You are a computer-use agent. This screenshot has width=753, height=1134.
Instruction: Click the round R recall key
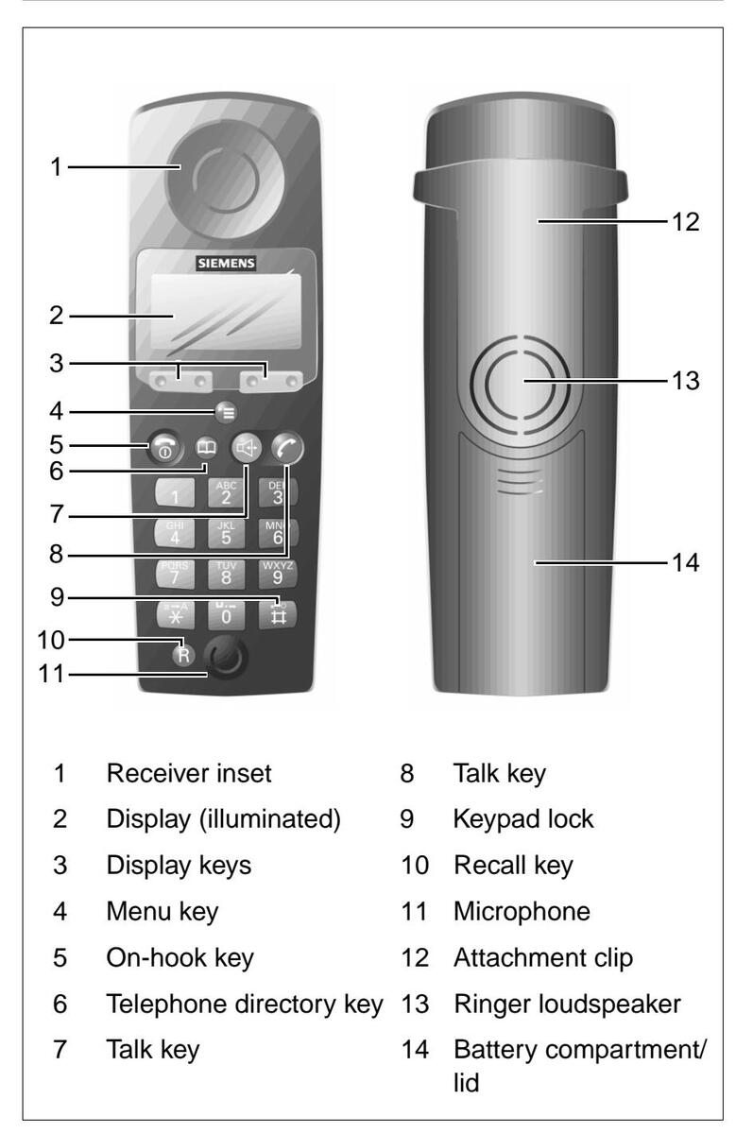coord(181,655)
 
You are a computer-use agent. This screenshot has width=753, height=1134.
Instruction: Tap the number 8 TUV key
coord(228,573)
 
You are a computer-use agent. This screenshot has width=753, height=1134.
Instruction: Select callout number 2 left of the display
coord(60,316)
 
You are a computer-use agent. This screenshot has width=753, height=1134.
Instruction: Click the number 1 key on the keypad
coord(177,492)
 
